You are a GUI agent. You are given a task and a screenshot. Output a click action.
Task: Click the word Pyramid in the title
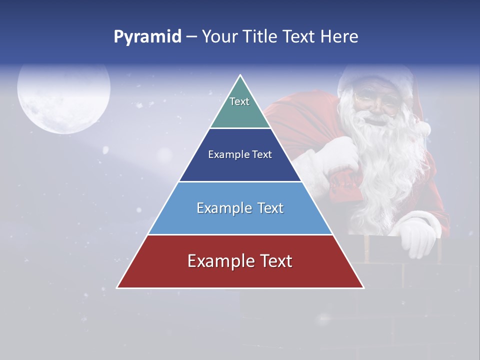pyautogui.click(x=147, y=37)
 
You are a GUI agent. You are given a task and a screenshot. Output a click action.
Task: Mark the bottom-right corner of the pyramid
pyautogui.click(x=363, y=287)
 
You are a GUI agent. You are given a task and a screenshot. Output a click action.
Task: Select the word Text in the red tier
pyautogui.click(x=273, y=261)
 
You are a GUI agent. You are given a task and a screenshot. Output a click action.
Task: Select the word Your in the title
pyautogui.click(x=219, y=37)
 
